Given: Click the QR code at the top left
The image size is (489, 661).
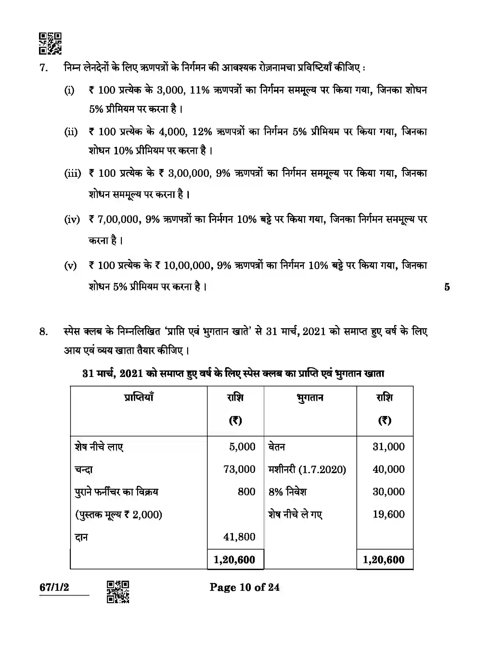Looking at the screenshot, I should (x=50, y=43).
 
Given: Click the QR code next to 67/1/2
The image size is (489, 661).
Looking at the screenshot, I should (x=118, y=592).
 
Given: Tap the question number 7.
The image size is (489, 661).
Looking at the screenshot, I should (x=44, y=68).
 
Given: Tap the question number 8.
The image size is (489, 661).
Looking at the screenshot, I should (x=44, y=331).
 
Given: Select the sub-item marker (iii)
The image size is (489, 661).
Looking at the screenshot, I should (x=72, y=173).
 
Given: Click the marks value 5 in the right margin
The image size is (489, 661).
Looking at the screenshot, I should (x=447, y=287).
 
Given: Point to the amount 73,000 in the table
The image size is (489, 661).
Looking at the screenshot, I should (x=239, y=469).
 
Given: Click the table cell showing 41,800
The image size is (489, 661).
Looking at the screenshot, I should (x=239, y=537).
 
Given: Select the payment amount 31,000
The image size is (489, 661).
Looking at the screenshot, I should (x=389, y=447).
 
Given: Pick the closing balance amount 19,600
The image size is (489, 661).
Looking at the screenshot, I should (x=389, y=514).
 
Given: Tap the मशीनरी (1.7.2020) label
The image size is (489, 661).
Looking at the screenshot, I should (x=307, y=469).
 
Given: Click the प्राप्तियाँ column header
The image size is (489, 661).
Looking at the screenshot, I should (x=139, y=397).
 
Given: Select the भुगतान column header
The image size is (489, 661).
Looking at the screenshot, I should (x=310, y=397).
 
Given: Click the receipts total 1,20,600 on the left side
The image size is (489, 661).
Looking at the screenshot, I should (x=234, y=560).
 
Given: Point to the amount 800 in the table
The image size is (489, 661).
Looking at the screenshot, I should (x=246, y=492).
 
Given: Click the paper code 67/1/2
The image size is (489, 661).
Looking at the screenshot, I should (x=54, y=588).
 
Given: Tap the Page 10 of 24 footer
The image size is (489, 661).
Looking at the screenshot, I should (x=244, y=588).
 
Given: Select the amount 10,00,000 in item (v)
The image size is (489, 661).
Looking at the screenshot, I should (x=187, y=266).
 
